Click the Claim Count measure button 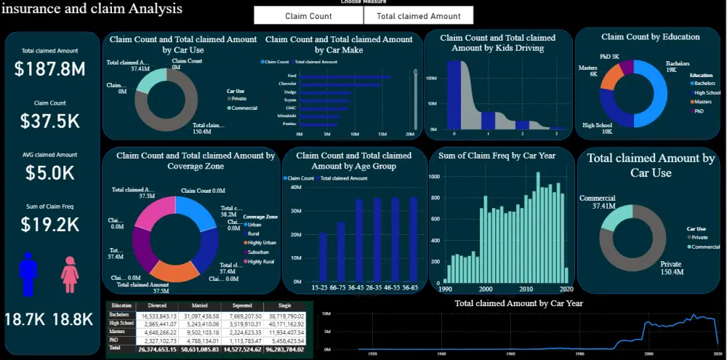click(308, 15)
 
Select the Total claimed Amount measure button click(418, 15)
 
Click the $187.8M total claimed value click(49, 69)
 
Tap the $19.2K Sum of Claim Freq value click(49, 225)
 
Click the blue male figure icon click(28, 273)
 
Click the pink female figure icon click(70, 274)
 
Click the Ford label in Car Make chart click(292, 76)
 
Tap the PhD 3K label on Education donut click(609, 56)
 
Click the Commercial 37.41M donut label click(597, 201)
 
